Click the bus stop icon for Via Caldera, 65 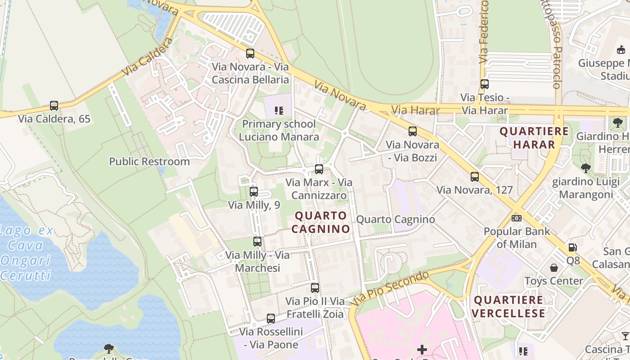[x=54, y=106]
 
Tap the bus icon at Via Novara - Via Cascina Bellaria [x=250, y=54]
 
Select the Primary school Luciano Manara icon [x=279, y=110]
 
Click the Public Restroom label [x=149, y=162]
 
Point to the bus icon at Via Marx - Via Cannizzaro [x=319, y=169]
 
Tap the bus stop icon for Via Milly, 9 [x=254, y=192]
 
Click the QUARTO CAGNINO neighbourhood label [x=320, y=222]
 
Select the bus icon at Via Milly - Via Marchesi [x=257, y=242]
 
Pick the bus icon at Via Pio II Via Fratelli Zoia [x=315, y=288]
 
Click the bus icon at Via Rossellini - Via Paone [x=271, y=319]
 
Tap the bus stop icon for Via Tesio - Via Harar [x=485, y=84]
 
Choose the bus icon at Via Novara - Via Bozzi [x=413, y=131]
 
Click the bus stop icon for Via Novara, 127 [x=475, y=177]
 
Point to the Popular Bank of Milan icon [x=517, y=218]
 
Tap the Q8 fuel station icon [x=572, y=247]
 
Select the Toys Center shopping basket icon [x=554, y=268]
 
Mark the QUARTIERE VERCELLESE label [x=509, y=306]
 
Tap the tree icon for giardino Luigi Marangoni [x=585, y=168]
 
